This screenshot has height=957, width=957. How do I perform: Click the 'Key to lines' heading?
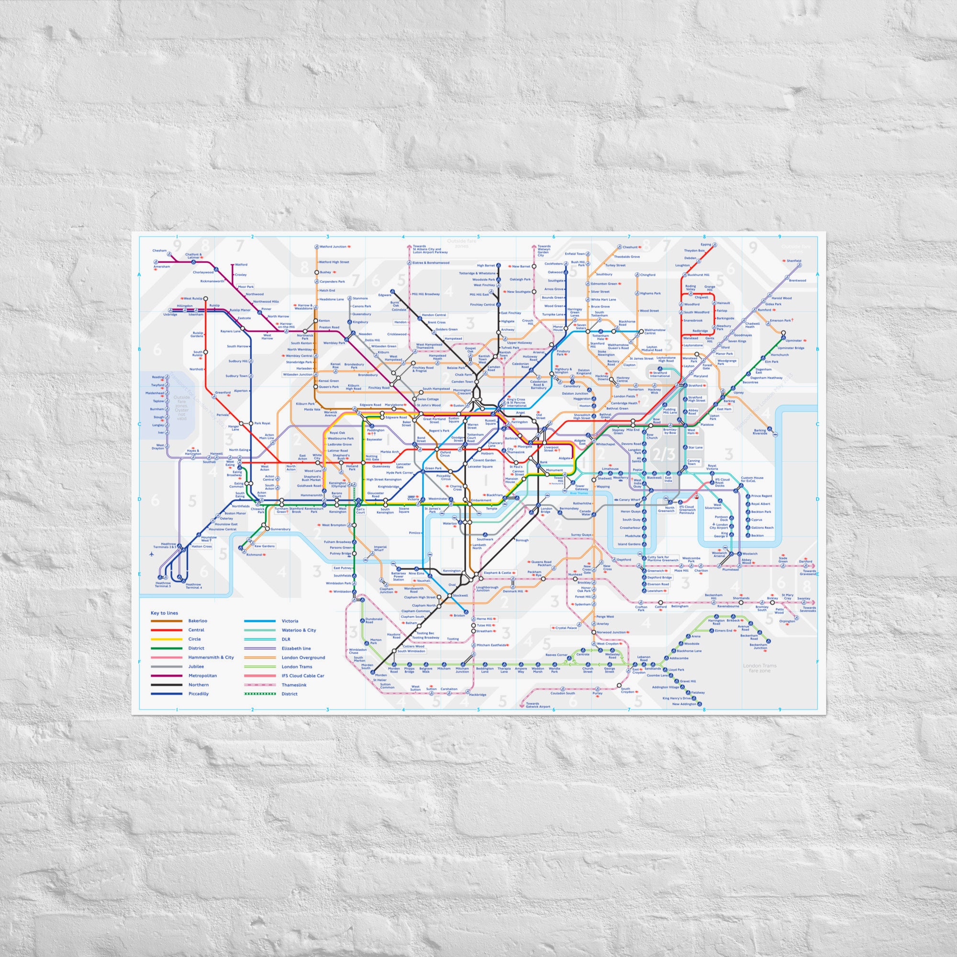pos(164,613)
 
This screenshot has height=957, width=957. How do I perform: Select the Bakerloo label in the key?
pos(198,621)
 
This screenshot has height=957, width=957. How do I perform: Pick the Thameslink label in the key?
pos(294,685)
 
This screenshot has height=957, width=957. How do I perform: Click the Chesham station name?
pos(159,251)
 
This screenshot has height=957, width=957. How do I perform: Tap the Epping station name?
pos(706,245)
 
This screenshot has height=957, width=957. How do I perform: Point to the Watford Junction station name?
pos(333,247)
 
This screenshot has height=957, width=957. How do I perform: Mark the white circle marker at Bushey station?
pos(316,272)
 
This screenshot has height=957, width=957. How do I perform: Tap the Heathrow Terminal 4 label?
pos(194,586)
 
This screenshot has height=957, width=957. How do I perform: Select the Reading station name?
pos(157,378)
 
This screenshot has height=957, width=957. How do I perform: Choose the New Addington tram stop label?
pos(684,704)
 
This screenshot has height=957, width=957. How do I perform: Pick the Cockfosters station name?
pos(554,264)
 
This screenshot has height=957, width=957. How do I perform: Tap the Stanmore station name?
pos(360,298)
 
